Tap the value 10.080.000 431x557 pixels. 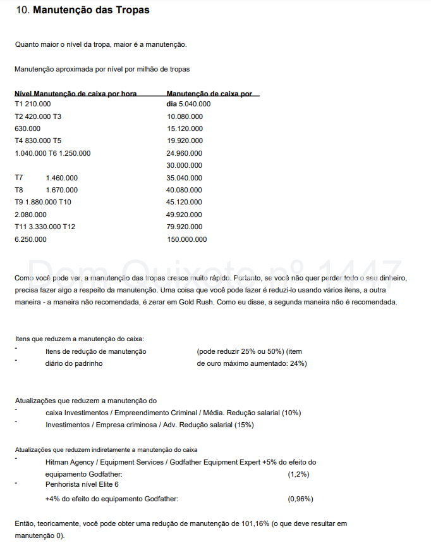point(185,116)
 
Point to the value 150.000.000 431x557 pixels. point(186,239)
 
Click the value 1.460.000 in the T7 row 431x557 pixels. point(62,178)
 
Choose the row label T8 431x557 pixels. point(19,190)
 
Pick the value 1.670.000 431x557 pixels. point(62,190)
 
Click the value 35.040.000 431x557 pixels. point(185,178)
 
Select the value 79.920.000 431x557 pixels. point(185,227)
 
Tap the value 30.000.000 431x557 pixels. point(185,165)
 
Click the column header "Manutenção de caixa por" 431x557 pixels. point(209,94)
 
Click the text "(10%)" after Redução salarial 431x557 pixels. point(291,413)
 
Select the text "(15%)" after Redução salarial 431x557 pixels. point(244,425)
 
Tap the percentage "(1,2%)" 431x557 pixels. point(298,474)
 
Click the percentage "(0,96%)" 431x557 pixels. point(300,499)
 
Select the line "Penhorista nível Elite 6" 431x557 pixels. point(82,484)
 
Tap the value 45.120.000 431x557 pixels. point(185,202)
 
